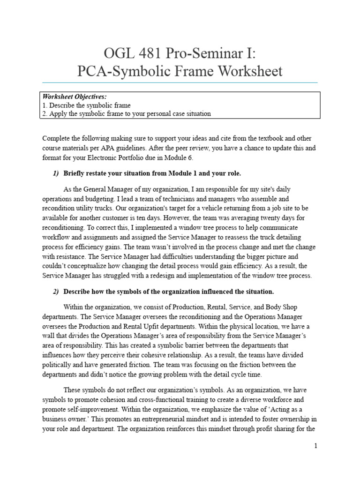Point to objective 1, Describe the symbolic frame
coord(86,105)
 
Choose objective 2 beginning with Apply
coord(127,113)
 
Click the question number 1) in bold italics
coord(56,173)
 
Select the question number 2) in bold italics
coord(56,292)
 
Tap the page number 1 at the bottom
coord(316,446)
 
